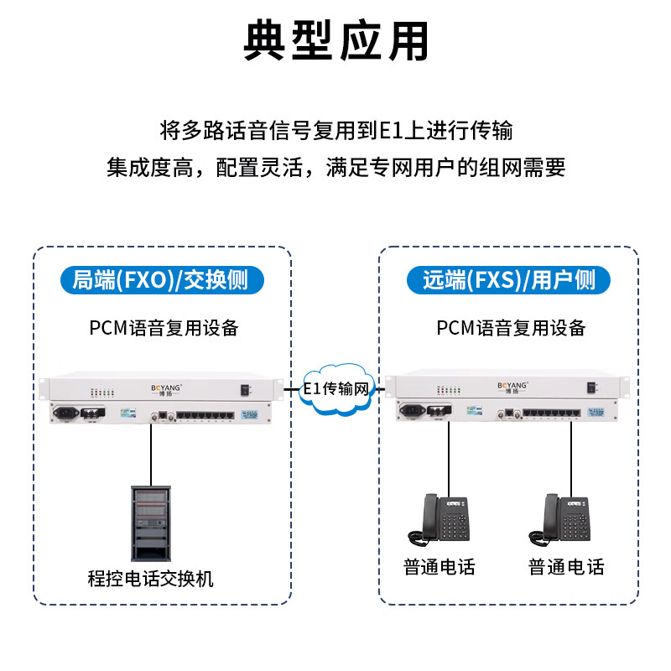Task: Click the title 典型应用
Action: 335,40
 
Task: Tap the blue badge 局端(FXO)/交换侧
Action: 163,280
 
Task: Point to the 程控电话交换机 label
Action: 151,578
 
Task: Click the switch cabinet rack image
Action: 151,521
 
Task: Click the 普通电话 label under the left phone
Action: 440,567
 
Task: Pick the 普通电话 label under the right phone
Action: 566,567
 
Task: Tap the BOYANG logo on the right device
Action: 514,388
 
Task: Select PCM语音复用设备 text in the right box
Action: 511,328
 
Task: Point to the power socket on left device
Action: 65,412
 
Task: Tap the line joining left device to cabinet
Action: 151,453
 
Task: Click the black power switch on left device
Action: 245,389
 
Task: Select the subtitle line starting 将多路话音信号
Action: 335,132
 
